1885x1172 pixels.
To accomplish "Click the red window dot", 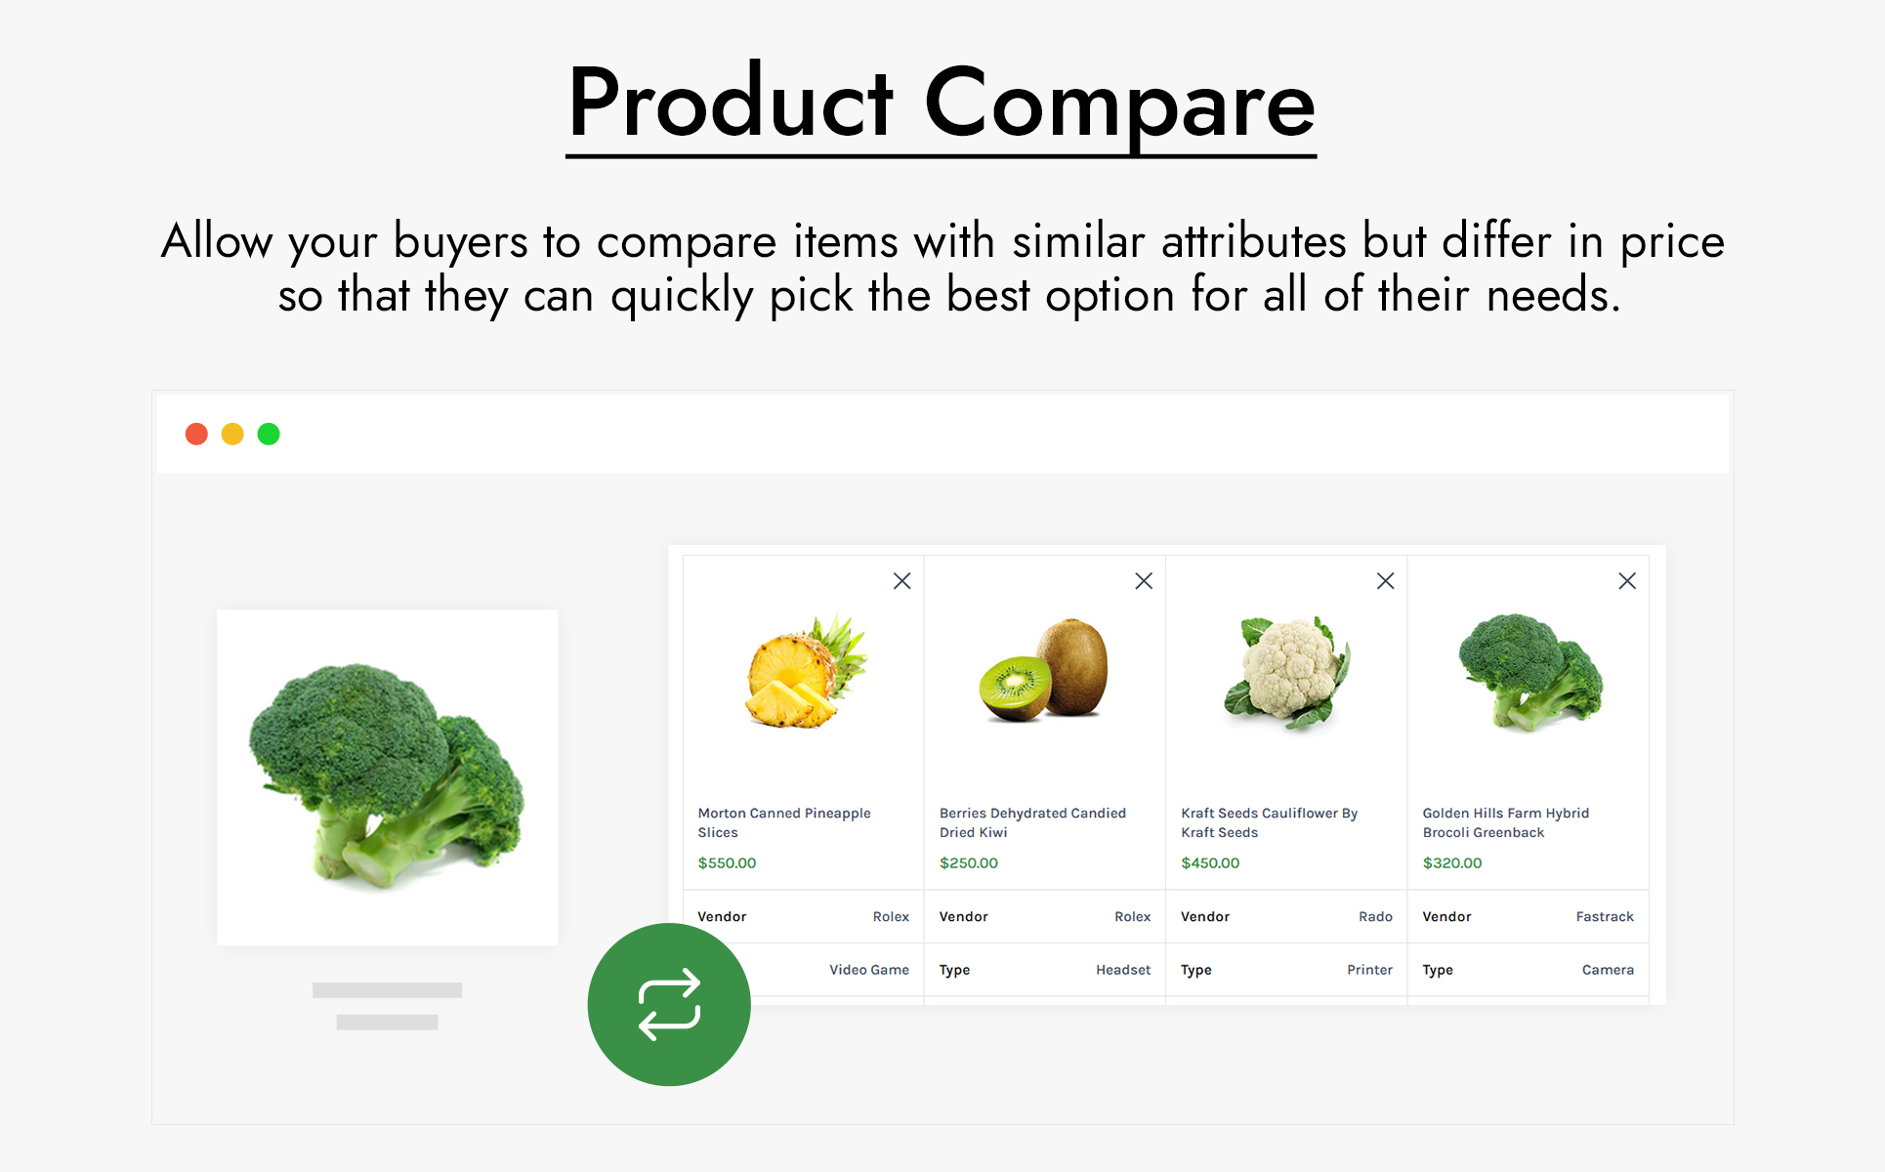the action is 196,434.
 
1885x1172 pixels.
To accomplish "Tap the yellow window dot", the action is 232,434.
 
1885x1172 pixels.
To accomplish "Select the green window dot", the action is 269,434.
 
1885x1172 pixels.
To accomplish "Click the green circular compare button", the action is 669,1004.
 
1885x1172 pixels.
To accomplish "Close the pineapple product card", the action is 902,581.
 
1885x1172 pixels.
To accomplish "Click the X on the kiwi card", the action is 1144,581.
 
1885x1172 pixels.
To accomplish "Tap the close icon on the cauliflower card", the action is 1385,581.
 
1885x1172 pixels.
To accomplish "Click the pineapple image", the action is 806,672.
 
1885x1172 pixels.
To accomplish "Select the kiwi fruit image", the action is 1044,670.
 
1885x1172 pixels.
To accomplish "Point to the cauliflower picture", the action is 1287,673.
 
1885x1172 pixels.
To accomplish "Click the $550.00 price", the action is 727,863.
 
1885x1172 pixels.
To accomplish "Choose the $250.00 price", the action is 969,863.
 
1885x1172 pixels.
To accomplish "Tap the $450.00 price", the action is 1210,863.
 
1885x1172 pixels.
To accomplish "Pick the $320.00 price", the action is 1452,863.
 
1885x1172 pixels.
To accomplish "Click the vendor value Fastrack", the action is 1605,916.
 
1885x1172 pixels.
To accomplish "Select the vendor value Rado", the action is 1375,916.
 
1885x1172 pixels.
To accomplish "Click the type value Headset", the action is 1123,970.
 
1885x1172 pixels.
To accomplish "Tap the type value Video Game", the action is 869,970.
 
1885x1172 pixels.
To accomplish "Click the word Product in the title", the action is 731,102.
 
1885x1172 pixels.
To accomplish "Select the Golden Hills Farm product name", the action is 1506,822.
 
